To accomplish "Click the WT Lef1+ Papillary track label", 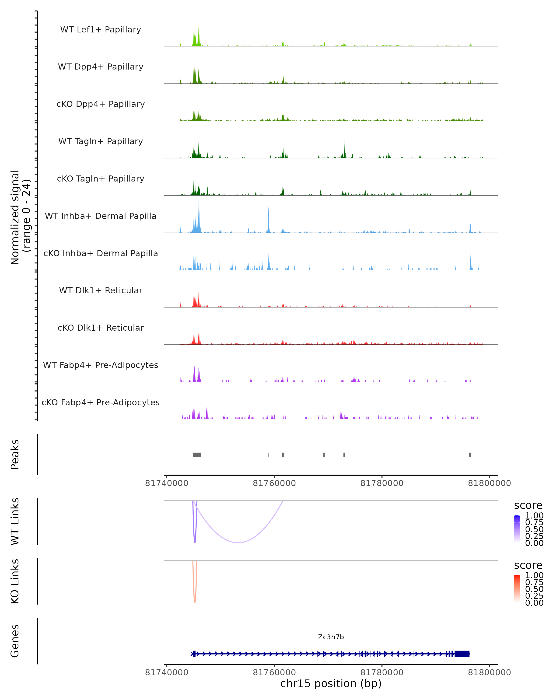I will [x=101, y=30].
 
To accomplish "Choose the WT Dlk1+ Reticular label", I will [x=101, y=290].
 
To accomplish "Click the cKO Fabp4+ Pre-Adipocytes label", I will [x=101, y=402].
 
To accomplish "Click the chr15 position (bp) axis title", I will [x=331, y=683].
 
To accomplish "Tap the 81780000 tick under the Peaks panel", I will [x=382, y=483].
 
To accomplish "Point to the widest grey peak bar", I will [x=197, y=455].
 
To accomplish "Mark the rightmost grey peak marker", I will [x=470, y=455].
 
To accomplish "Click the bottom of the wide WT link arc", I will [x=238, y=542].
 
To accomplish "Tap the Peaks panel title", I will [x=15, y=455].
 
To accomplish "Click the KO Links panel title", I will [x=15, y=581].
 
